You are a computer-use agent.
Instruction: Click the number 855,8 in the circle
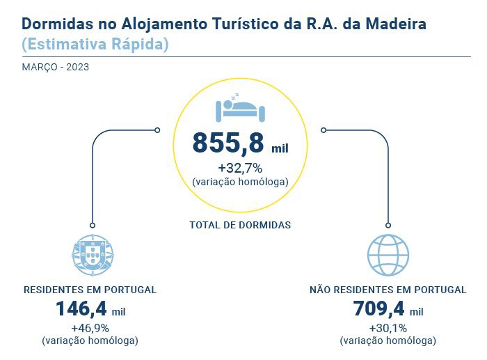(x=228, y=143)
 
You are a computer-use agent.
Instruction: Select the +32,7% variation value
(x=239, y=168)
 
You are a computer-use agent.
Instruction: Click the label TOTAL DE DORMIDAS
(x=239, y=225)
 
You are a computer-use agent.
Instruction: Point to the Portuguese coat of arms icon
(x=92, y=255)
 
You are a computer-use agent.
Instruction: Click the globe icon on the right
(x=388, y=255)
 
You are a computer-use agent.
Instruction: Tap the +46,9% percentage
(x=90, y=328)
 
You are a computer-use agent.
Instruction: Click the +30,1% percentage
(x=388, y=328)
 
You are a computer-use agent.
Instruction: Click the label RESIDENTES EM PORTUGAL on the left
(x=90, y=290)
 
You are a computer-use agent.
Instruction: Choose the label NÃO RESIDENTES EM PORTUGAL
(x=388, y=290)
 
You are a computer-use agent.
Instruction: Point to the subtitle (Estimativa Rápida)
(x=95, y=45)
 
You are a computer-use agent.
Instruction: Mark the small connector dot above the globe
(x=388, y=225)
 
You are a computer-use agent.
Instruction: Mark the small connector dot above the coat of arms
(x=92, y=225)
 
